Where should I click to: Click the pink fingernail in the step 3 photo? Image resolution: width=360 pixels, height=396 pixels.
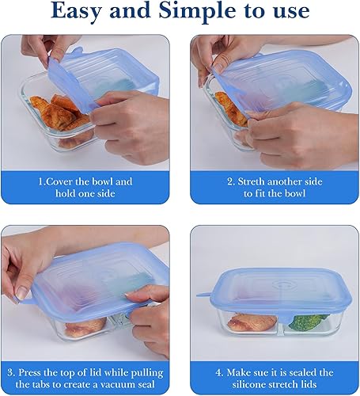pyautogui.click(x=21, y=294)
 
